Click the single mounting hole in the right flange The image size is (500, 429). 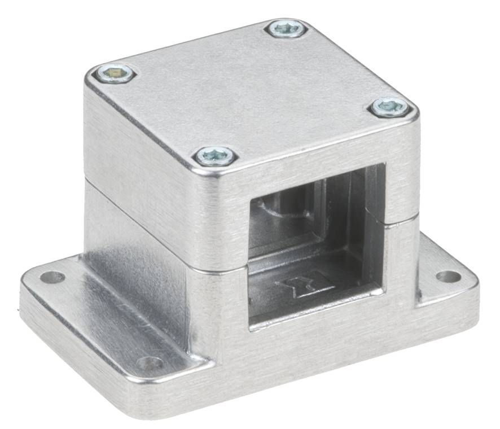[x=449, y=276]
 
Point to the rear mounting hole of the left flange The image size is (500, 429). [x=52, y=277]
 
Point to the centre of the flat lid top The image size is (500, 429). [x=251, y=93]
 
